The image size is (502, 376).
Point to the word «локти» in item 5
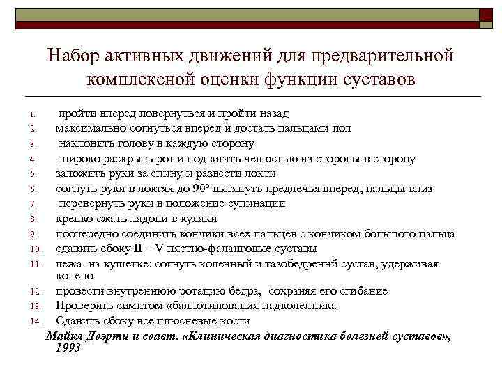pyautogui.click(x=260, y=173)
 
